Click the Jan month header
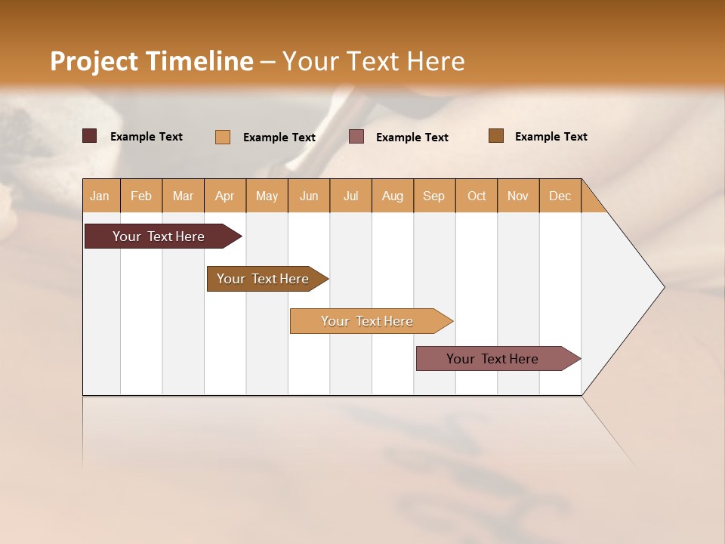tap(100, 196)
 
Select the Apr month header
tap(224, 196)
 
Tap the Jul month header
tap(350, 196)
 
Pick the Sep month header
tap(433, 196)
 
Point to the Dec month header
tap(560, 196)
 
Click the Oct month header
tap(476, 196)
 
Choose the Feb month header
tap(141, 196)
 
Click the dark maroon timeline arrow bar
tap(159, 236)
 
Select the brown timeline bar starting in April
tap(263, 279)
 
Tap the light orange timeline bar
tap(367, 321)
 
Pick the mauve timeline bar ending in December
tap(492, 359)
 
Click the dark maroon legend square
tap(90, 136)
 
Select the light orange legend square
tap(223, 137)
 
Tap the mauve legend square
tap(356, 136)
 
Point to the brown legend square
tap(496, 136)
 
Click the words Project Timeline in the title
tap(151, 61)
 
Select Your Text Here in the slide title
tap(373, 61)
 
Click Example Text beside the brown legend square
tap(551, 137)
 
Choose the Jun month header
tap(309, 196)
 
